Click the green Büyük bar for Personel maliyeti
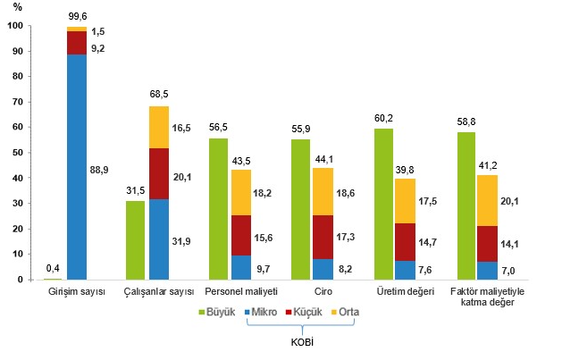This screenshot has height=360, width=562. [217, 209]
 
